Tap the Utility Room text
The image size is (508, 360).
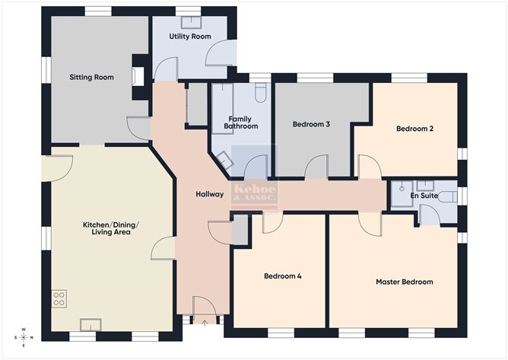(x=189, y=37)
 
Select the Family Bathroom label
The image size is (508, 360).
(x=243, y=122)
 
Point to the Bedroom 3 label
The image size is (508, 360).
(x=311, y=123)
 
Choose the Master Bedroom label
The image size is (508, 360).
(x=405, y=282)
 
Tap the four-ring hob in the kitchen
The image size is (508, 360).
(x=59, y=299)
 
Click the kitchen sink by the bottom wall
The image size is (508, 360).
(x=90, y=326)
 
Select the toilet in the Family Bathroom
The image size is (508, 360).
(x=260, y=92)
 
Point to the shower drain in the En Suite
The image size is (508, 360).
(x=402, y=186)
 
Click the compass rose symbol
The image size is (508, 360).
(x=24, y=336)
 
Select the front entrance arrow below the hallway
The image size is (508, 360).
(x=203, y=323)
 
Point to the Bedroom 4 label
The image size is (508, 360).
(x=282, y=276)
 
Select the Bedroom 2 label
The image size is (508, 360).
(x=414, y=129)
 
